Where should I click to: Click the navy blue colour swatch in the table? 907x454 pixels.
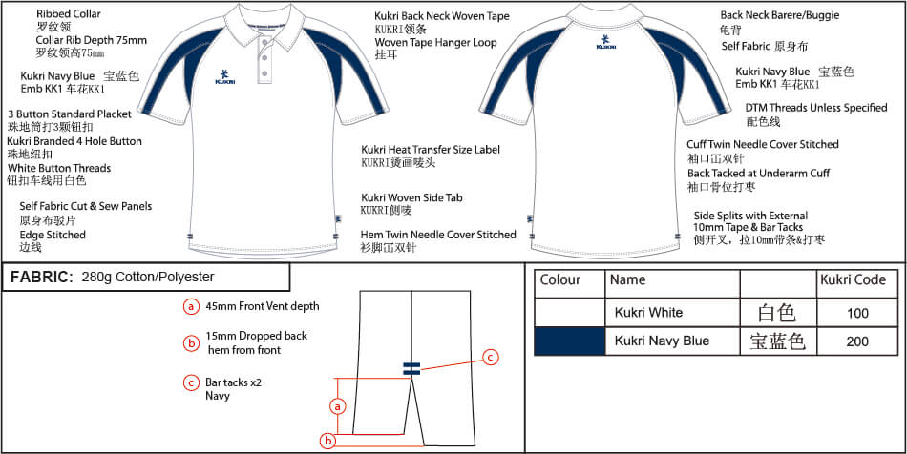(569, 340)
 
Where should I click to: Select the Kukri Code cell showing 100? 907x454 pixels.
(856, 313)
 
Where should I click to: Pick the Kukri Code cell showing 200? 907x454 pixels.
(856, 340)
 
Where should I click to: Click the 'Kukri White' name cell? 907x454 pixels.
(648, 313)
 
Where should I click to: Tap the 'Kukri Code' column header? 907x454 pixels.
(852, 280)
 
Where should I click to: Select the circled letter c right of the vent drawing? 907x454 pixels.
(490, 357)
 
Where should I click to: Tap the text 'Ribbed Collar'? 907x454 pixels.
(69, 15)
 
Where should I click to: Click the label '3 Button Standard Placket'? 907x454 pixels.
(69, 114)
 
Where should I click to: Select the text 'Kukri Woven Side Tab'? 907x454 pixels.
(411, 197)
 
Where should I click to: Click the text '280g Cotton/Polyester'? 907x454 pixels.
(148, 278)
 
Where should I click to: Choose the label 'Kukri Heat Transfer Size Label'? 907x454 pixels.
(430, 150)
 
